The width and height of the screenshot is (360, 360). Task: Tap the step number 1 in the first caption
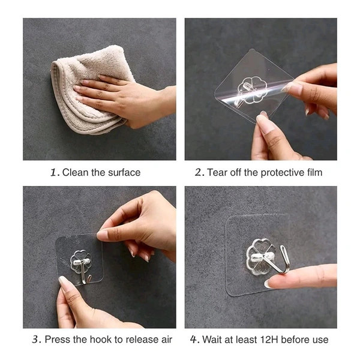53,172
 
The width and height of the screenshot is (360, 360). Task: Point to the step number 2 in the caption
198,172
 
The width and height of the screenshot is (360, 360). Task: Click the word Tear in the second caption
217,172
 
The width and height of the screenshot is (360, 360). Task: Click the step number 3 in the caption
35,340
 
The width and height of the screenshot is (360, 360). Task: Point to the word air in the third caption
167,340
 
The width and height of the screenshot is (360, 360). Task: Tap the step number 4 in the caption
194,340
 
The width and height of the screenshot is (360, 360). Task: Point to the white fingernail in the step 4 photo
267,284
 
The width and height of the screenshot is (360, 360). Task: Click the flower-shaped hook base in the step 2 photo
252,90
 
